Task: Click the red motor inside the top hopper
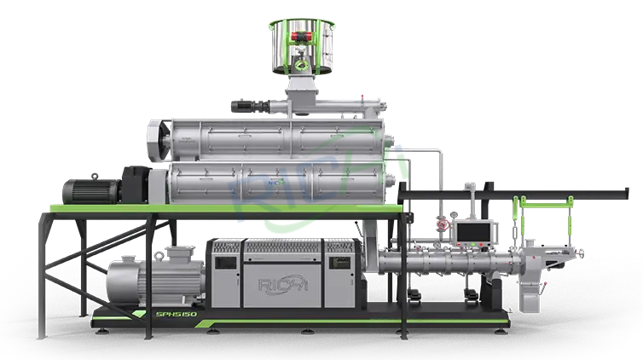point(301,37)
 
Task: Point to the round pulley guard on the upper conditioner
point(158,136)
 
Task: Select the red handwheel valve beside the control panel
point(442,224)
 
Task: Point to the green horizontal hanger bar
point(542,200)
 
